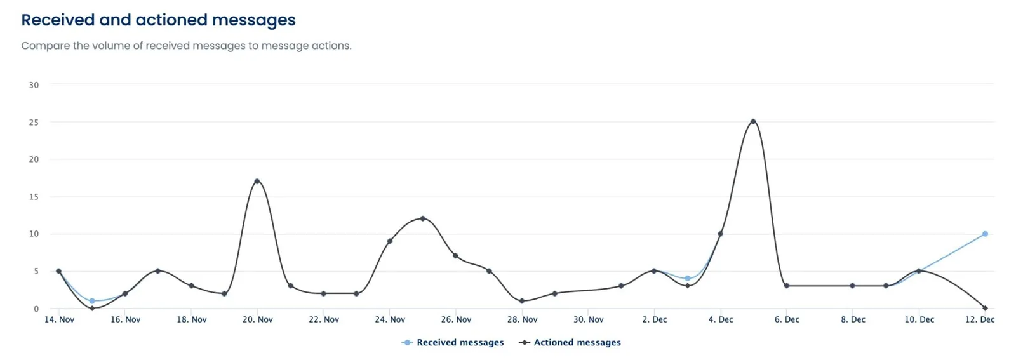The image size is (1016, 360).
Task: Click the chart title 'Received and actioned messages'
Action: click(158, 20)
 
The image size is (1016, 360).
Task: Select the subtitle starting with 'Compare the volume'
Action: click(186, 46)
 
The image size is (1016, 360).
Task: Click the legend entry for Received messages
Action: click(453, 342)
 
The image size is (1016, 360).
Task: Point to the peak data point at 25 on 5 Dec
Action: click(753, 121)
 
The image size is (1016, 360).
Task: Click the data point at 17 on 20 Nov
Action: click(257, 181)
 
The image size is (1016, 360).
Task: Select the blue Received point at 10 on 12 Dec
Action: click(985, 234)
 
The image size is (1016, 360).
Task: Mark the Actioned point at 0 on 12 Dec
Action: click(985, 308)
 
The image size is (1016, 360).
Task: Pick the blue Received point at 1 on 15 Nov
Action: click(92, 301)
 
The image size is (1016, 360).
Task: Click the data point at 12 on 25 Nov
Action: click(422, 218)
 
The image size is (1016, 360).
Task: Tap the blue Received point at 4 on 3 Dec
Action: click(687, 278)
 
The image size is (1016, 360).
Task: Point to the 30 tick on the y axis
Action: click(34, 84)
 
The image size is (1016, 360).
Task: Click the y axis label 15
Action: click(34, 197)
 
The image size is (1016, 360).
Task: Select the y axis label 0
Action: click(36, 309)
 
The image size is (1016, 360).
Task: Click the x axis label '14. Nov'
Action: click(59, 319)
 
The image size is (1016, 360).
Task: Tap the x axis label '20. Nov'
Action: click(257, 319)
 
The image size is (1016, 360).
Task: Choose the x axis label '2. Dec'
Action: click(654, 319)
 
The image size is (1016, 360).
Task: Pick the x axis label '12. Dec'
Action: click(979, 319)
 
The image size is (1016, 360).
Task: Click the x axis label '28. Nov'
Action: click(522, 319)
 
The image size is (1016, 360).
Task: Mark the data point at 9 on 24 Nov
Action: click(389, 241)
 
